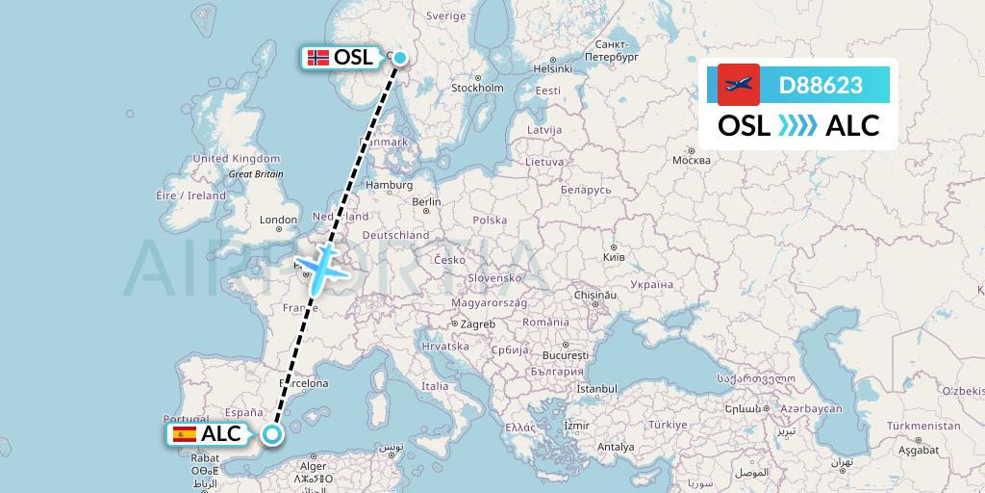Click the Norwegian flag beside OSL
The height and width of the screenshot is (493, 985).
point(317,58)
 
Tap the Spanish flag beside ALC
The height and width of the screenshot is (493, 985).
point(182,434)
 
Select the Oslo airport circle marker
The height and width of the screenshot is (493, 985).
point(399,58)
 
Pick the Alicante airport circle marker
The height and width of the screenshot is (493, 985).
point(272,434)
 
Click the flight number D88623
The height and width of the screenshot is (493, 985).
point(821,85)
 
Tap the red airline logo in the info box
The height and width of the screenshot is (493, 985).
point(738,85)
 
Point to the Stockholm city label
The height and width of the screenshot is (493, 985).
point(477,88)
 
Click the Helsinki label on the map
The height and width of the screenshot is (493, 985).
point(553,68)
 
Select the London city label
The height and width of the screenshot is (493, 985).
point(278,220)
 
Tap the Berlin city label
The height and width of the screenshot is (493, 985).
point(426,202)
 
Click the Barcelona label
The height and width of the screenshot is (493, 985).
point(303,382)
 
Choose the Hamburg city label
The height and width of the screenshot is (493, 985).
point(389,185)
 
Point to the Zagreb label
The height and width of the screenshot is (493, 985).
point(477,324)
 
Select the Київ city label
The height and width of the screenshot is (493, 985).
point(614,257)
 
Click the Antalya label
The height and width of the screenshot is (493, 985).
point(616,447)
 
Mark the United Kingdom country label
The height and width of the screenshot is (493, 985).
point(236,159)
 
